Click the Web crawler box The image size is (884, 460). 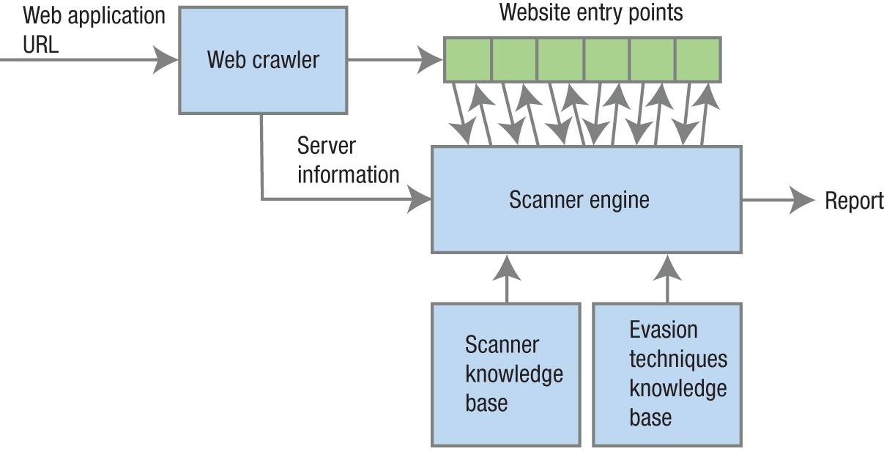click(262, 60)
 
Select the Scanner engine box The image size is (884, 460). click(586, 199)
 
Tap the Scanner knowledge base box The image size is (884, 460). click(505, 374)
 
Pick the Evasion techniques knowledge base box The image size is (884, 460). click(666, 374)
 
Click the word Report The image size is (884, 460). click(854, 201)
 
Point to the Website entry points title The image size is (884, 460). click(590, 12)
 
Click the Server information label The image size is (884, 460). click(348, 160)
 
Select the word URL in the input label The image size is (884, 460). click(41, 45)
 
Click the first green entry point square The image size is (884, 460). click(468, 59)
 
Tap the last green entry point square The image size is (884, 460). click(697, 59)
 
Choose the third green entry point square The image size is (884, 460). click(560, 59)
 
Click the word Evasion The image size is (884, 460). click(664, 330)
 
